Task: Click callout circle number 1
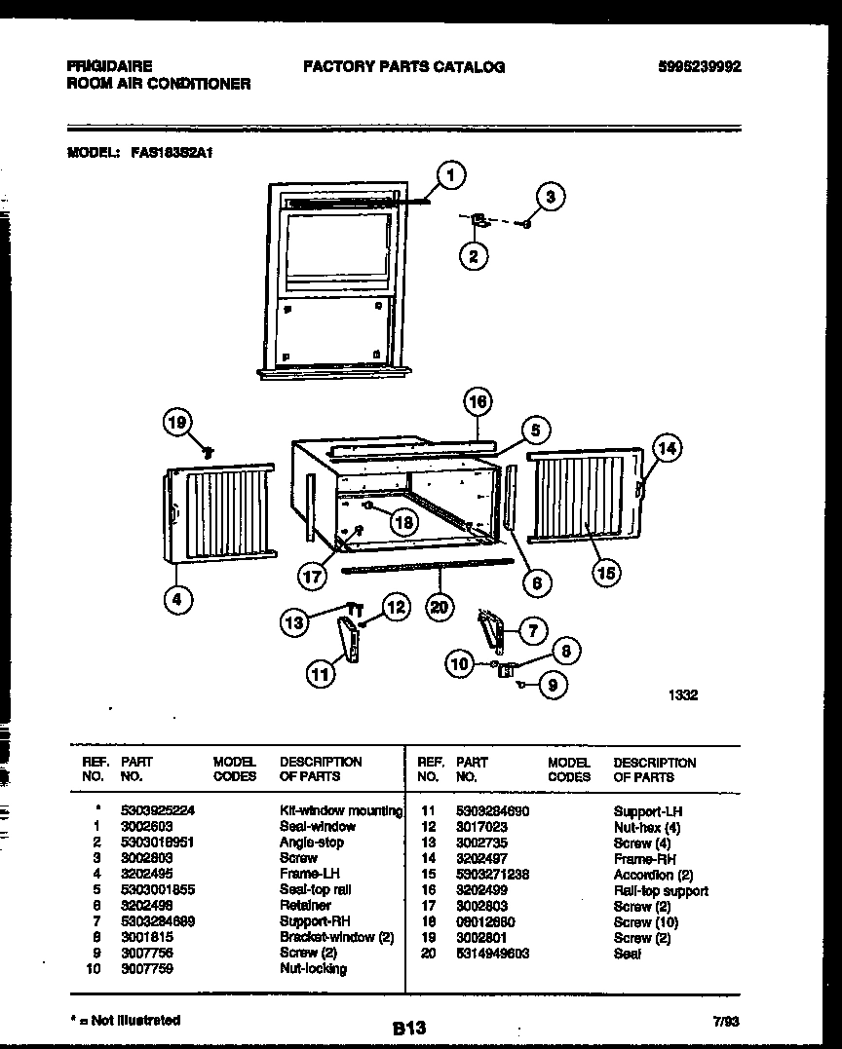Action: pos(449,175)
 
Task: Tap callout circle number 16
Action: pos(478,400)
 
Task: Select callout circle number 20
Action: pos(442,606)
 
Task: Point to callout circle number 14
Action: pos(667,449)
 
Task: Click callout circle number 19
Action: pos(176,422)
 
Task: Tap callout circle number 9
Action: pos(554,685)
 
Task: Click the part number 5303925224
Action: pos(160,810)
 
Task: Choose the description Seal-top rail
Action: pos(315,889)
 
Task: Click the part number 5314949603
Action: pos(492,954)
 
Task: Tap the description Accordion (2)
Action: pos(653,875)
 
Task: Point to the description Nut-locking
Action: pos(313,969)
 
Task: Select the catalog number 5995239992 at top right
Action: pos(700,67)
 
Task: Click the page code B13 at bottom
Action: pos(409,1027)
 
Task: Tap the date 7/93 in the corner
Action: pos(726,1023)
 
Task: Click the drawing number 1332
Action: pos(682,696)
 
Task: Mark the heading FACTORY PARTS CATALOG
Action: pos(403,67)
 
